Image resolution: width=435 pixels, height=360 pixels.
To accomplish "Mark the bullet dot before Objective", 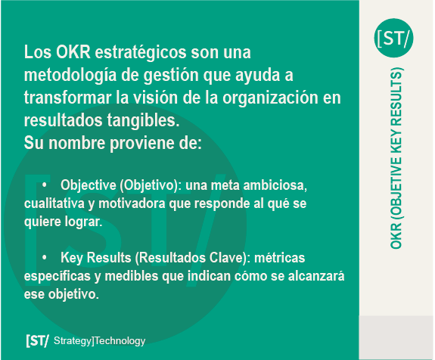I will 45,185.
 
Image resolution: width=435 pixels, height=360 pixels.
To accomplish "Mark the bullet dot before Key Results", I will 45,257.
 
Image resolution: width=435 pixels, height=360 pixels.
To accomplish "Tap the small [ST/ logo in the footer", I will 38,340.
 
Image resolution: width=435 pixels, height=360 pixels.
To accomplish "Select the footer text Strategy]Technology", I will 99,341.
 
